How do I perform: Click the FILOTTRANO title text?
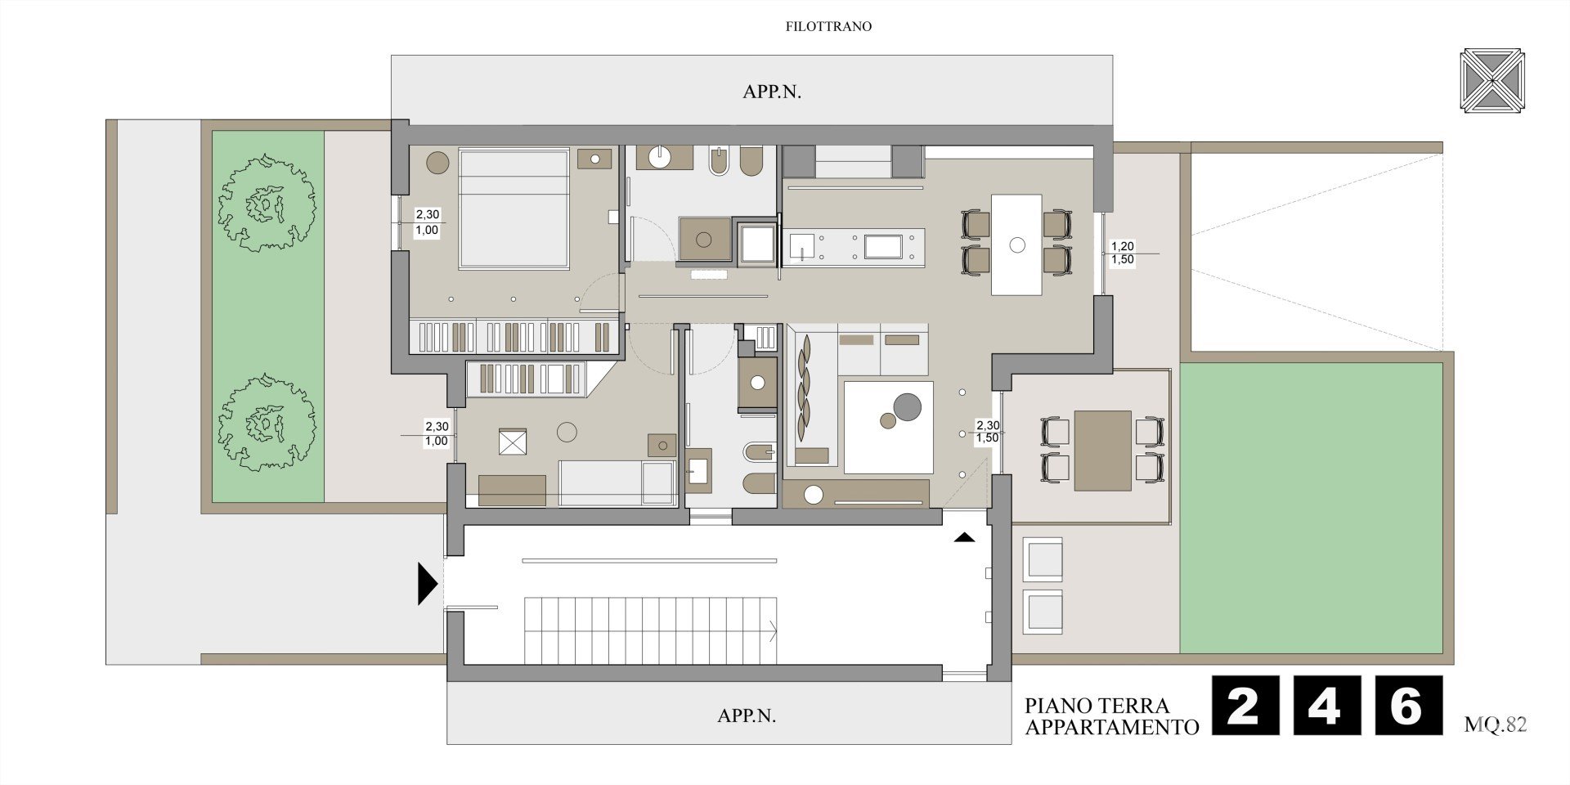(x=828, y=26)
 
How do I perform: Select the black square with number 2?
(x=1245, y=705)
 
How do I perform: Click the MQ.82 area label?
(x=1496, y=724)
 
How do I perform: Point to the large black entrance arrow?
(x=428, y=583)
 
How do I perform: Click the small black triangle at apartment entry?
(x=965, y=538)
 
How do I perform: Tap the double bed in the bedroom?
(x=514, y=209)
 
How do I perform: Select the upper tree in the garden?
(x=266, y=204)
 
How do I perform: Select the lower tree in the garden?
(x=266, y=422)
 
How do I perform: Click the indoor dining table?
(x=1016, y=244)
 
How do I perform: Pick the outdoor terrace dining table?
(x=1103, y=450)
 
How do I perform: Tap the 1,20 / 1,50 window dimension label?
(x=1122, y=253)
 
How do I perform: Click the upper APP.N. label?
(x=772, y=92)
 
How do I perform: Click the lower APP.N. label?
(x=747, y=715)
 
